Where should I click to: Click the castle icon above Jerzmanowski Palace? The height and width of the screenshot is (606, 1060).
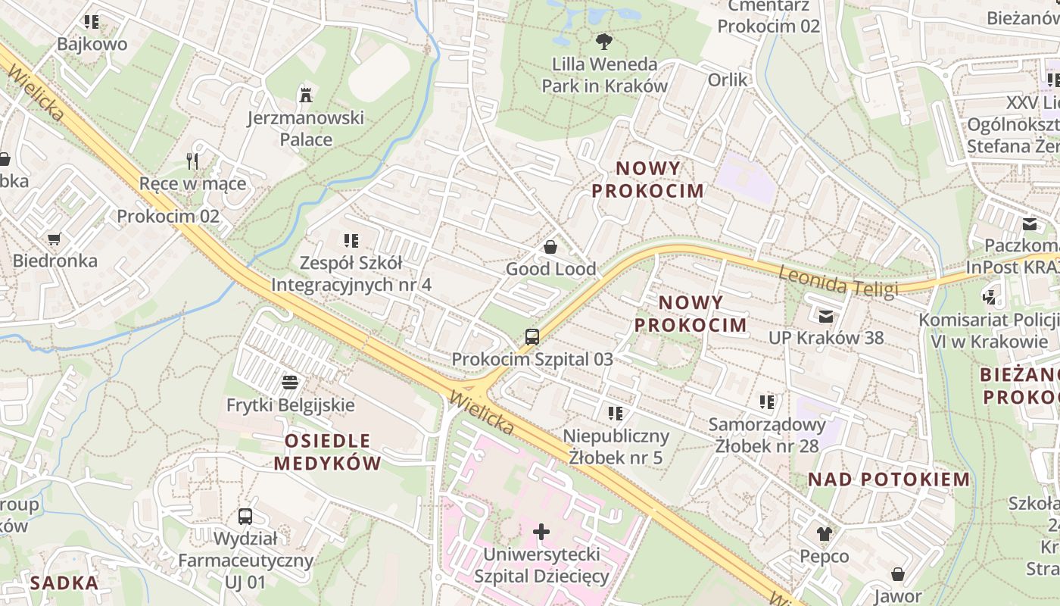(306, 95)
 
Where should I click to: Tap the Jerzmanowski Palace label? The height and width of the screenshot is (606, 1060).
(306, 129)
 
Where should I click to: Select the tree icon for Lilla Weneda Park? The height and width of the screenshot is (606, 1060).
(603, 41)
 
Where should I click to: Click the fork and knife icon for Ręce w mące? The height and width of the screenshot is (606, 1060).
(192, 161)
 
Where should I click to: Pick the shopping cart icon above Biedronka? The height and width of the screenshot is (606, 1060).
(54, 239)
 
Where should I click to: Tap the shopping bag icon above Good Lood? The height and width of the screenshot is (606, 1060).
(550, 247)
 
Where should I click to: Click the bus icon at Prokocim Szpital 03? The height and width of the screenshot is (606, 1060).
(532, 337)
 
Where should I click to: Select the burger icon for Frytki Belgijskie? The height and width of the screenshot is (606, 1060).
(290, 382)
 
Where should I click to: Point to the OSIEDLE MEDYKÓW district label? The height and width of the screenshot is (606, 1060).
(327, 451)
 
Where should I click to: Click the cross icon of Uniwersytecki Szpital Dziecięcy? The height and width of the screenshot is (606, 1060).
(541, 532)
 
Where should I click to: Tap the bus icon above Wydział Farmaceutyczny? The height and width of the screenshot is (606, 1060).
(245, 517)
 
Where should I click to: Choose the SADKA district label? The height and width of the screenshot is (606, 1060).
(64, 583)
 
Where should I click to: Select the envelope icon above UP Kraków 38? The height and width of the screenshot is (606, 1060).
(825, 316)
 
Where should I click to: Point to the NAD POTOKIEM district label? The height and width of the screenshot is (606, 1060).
(888, 479)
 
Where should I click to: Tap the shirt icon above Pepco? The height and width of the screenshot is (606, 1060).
(824, 534)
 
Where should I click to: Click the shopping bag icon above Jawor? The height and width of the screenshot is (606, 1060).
(897, 575)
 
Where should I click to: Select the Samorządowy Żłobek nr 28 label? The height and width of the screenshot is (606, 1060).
(766, 435)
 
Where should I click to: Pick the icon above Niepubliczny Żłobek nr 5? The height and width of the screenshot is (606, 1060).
(616, 414)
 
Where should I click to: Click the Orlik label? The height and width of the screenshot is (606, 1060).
(727, 80)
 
